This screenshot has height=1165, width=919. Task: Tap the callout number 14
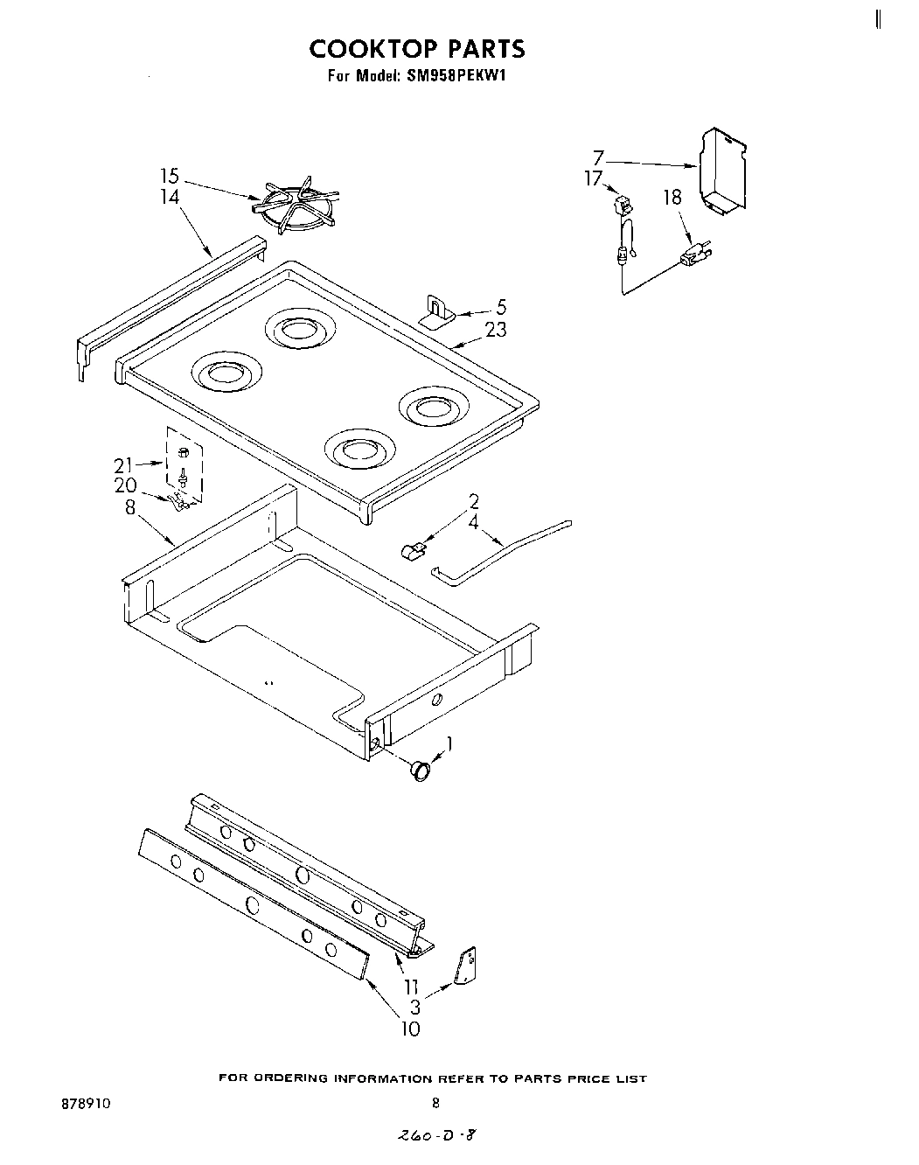pyautogui.click(x=170, y=197)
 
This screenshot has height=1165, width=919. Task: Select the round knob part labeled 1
pyautogui.click(x=421, y=770)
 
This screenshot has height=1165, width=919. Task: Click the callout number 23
pyautogui.click(x=495, y=330)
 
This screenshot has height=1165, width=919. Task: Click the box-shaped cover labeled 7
pyautogui.click(x=724, y=171)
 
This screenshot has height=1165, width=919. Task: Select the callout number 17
pyautogui.click(x=595, y=178)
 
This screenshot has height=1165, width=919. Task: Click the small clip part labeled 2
pyautogui.click(x=412, y=551)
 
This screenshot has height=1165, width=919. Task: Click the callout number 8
pyautogui.click(x=130, y=506)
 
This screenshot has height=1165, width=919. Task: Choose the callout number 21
pyautogui.click(x=123, y=465)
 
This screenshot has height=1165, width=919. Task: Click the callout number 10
pyautogui.click(x=411, y=1029)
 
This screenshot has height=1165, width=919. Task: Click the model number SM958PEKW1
pyautogui.click(x=456, y=76)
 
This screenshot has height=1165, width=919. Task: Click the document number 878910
pyautogui.click(x=87, y=1104)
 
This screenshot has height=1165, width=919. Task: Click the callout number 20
pyautogui.click(x=125, y=485)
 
